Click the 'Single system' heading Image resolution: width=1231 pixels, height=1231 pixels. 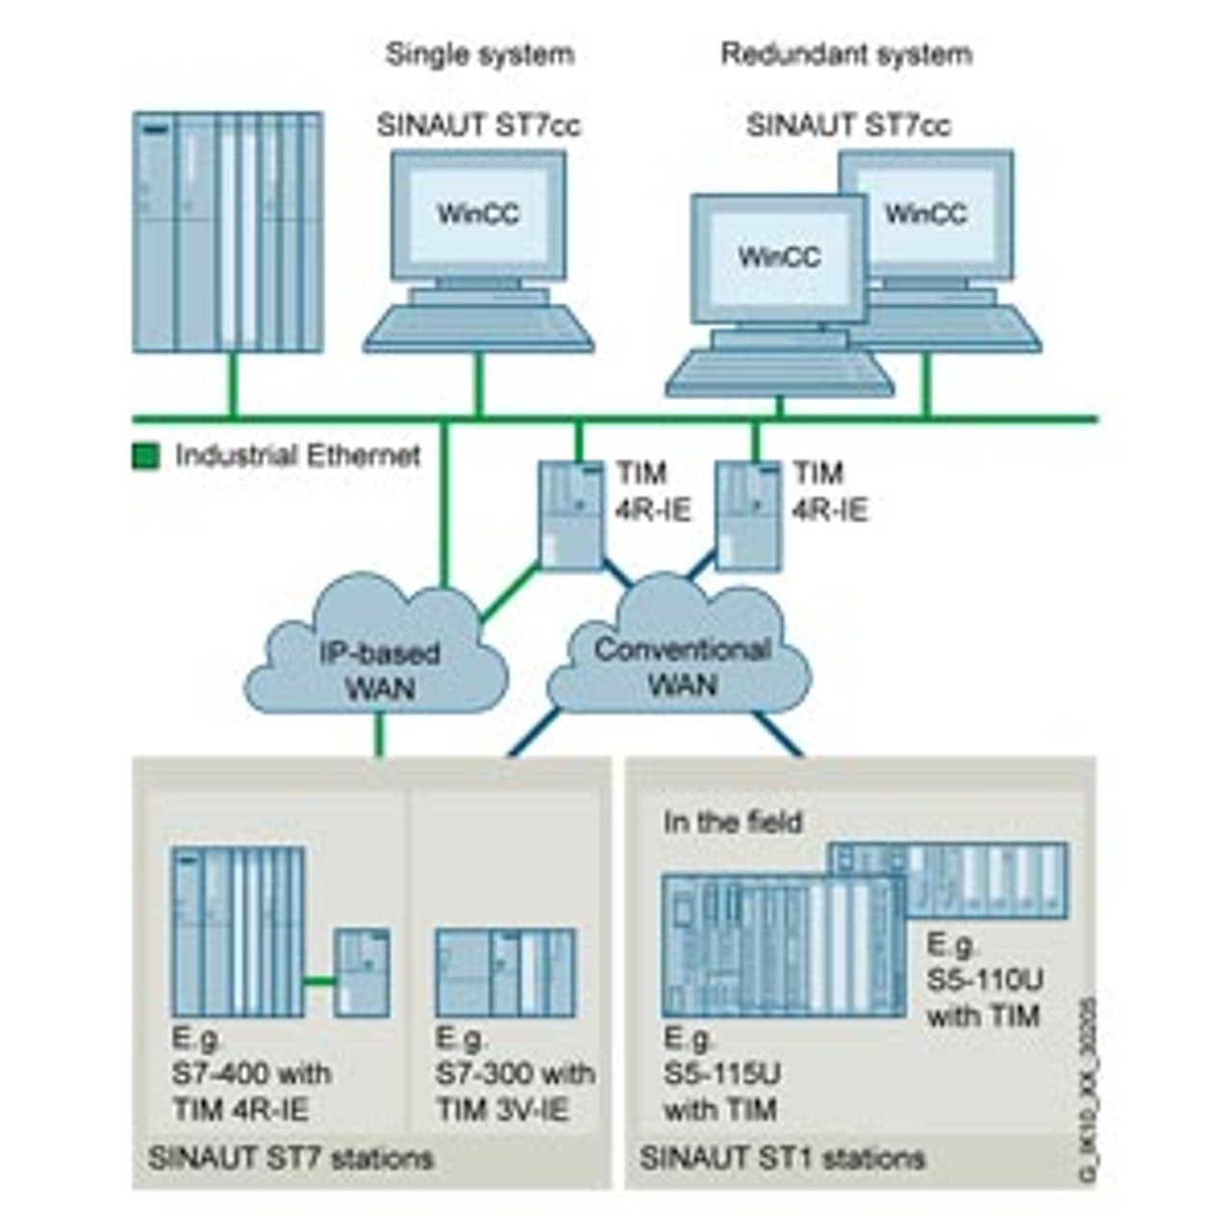point(479,54)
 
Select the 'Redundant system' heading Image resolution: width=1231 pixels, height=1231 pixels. point(846,54)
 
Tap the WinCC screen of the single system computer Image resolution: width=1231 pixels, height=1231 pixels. point(478,214)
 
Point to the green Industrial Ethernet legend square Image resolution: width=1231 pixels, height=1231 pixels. point(145,456)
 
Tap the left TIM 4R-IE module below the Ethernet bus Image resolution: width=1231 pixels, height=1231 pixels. point(569,515)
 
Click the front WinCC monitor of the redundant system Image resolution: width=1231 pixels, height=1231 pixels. point(779,258)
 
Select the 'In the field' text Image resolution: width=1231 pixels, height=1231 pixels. point(732,822)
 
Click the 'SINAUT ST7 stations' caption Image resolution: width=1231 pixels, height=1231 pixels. point(290,1158)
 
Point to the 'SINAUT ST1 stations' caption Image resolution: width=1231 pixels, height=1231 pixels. point(782,1158)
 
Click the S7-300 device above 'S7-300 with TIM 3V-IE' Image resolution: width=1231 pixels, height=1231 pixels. point(506,972)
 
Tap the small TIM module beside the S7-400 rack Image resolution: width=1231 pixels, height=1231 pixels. point(363,972)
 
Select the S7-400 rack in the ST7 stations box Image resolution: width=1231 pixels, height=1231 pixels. point(239,932)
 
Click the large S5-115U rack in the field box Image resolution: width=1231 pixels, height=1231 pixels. point(782,947)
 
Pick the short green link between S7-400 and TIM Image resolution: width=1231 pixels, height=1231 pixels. point(319,982)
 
